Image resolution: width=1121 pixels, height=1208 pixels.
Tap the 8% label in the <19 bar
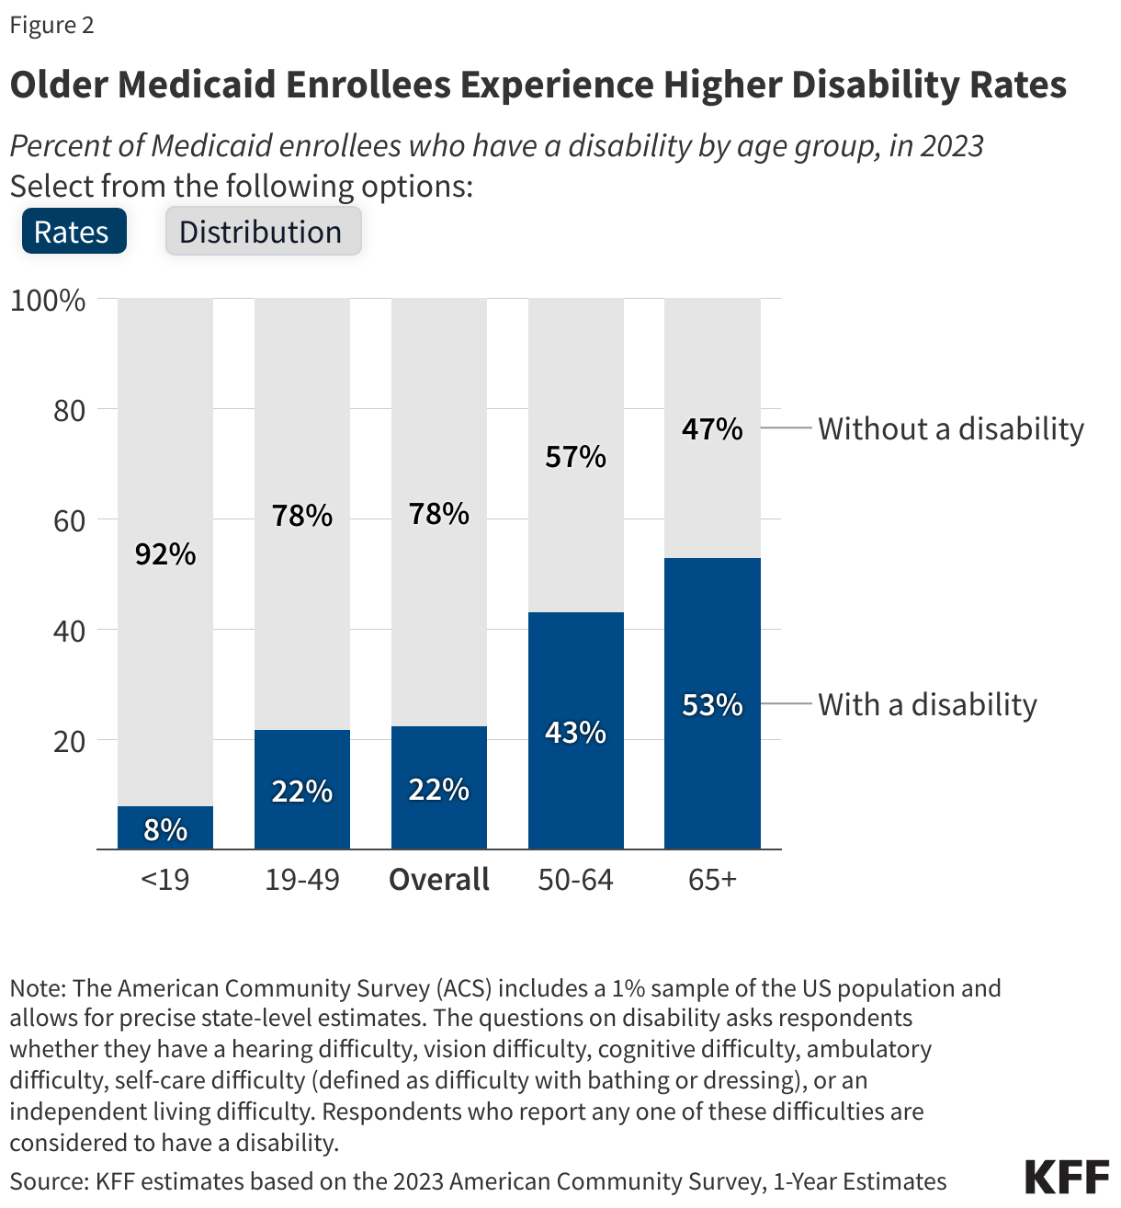click(x=165, y=829)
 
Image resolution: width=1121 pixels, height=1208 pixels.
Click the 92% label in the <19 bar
click(x=165, y=553)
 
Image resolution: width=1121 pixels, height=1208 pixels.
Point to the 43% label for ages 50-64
click(x=576, y=732)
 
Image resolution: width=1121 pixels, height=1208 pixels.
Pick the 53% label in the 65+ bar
click(x=712, y=704)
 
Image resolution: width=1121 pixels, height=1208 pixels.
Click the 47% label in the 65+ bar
click(x=712, y=428)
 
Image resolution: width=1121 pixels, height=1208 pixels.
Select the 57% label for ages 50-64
click(x=576, y=456)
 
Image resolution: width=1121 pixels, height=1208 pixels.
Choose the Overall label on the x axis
click(x=439, y=879)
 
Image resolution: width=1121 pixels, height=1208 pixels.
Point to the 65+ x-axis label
click(x=712, y=879)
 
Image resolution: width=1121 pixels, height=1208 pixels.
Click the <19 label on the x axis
click(x=165, y=879)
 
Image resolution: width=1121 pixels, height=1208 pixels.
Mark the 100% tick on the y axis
click(x=48, y=300)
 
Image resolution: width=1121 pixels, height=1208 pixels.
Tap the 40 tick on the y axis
click(x=69, y=631)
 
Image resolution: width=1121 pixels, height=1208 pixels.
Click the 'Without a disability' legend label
click(x=951, y=428)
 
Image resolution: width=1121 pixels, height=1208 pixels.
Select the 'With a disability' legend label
click(x=927, y=704)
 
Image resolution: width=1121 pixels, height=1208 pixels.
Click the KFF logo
click(x=1067, y=1178)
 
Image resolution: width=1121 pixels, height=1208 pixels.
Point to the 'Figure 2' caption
click(x=52, y=25)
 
